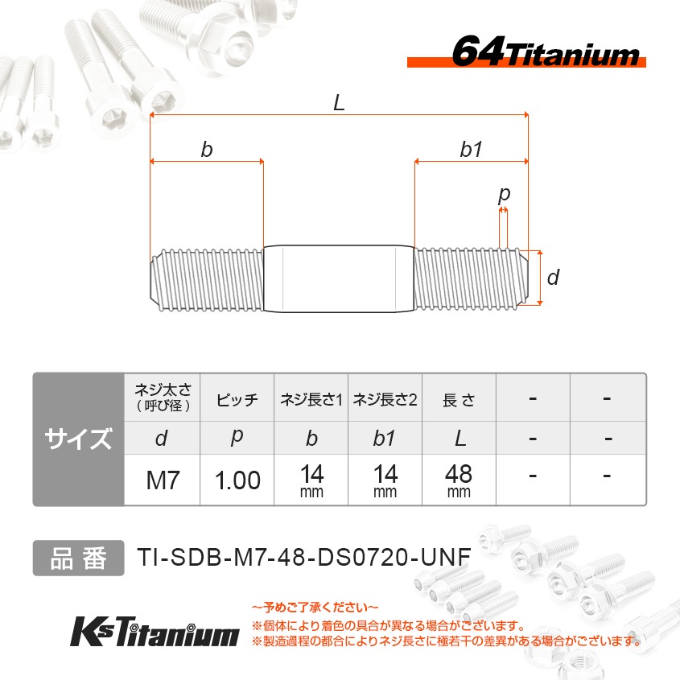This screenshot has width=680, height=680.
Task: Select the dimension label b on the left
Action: pos(207,150)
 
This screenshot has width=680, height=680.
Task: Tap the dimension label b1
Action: pos(471,150)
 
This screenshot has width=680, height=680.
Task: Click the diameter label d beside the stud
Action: pos(552,278)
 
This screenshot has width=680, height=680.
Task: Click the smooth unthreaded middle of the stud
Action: pos(339,278)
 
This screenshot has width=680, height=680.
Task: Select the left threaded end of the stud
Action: pos(207,278)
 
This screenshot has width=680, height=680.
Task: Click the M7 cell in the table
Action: pos(162,480)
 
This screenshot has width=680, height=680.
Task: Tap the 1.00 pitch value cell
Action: pos(237,480)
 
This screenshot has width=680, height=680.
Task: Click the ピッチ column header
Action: pos(237,399)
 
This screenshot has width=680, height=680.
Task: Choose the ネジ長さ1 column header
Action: pos(311,399)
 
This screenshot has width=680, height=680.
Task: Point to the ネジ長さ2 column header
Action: pos(385,399)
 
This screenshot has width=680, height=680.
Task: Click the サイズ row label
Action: pos(78,439)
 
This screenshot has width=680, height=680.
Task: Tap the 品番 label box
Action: pos(78,558)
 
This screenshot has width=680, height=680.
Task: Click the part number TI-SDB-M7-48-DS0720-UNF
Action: pos(303,558)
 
